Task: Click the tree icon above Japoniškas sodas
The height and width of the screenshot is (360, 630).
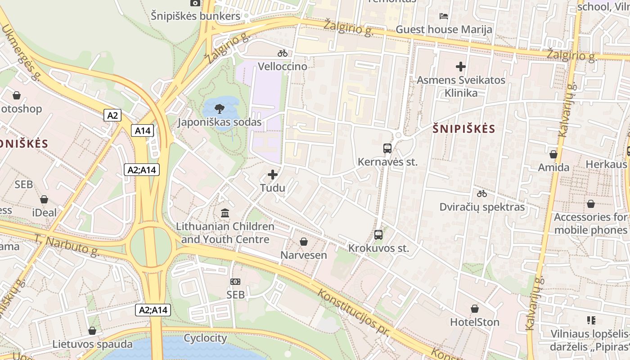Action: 220,108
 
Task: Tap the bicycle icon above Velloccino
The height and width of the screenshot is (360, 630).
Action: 283,53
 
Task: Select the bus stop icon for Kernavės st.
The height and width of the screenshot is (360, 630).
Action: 387,148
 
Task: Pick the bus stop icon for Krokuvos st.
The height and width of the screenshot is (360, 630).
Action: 378,234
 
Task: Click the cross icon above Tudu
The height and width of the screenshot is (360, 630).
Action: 273,175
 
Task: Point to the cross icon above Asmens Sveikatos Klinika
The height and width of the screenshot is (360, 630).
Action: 461,67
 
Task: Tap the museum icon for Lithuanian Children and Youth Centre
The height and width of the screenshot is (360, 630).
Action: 225,213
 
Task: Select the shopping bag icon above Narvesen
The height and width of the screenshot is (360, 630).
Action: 304,242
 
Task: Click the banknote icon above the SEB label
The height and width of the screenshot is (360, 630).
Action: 235,282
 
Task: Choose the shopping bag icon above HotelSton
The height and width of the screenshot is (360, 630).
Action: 475,309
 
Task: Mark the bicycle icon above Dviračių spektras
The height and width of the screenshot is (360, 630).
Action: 482,193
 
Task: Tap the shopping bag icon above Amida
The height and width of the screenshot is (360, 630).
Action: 553,154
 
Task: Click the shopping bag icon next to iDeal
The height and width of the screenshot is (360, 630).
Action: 44,199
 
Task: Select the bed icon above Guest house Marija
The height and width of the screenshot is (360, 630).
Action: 444,16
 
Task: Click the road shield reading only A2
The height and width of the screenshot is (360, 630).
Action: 112,115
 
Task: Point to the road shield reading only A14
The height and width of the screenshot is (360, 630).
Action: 143,130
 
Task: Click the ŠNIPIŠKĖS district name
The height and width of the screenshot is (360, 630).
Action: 463,129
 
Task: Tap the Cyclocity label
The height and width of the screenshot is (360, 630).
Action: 206,337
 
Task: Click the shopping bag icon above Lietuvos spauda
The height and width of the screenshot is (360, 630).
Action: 92,331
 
